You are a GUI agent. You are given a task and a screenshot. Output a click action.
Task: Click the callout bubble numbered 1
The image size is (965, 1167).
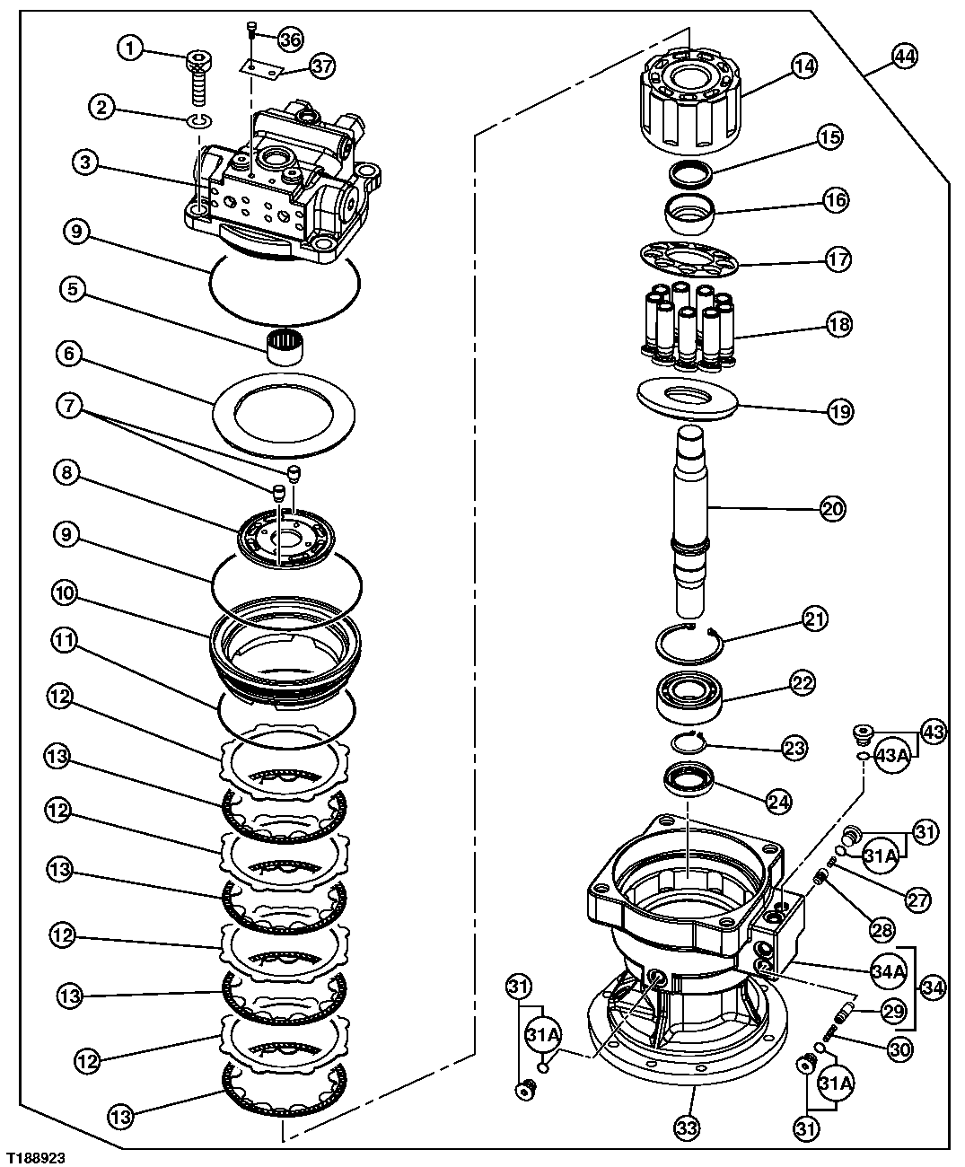(131, 48)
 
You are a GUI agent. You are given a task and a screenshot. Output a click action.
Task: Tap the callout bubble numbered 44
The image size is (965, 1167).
(904, 56)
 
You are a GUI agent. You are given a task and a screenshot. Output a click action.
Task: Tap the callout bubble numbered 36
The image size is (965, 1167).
(290, 39)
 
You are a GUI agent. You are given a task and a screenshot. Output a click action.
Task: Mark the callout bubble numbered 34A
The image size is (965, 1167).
(887, 970)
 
